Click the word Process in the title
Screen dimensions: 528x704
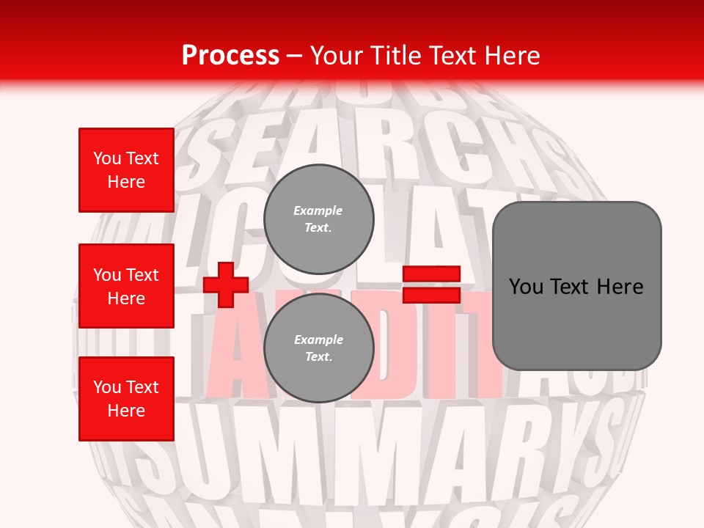tap(230, 56)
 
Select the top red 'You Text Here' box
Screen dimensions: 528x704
tap(126, 170)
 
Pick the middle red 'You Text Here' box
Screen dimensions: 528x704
tap(126, 286)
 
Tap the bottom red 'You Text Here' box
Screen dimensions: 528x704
tap(126, 399)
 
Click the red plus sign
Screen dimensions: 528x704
tap(226, 285)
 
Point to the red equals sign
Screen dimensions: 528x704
tap(432, 285)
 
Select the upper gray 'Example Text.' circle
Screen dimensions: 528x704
tap(319, 219)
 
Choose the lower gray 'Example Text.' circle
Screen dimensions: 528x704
tap(319, 348)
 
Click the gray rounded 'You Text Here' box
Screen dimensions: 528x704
tap(576, 286)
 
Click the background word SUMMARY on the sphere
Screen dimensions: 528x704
tap(367, 447)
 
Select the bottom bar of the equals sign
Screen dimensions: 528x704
tap(432, 295)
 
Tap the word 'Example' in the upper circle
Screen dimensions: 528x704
tap(318, 211)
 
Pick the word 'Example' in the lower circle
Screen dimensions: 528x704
tap(318, 340)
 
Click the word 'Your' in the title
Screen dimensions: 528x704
tap(336, 56)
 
